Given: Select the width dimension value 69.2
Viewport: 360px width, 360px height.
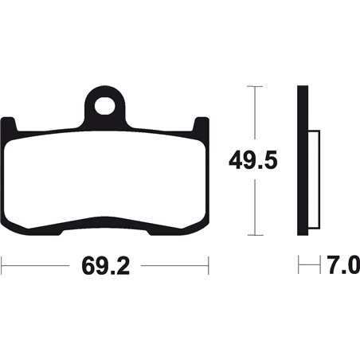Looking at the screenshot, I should (104, 262).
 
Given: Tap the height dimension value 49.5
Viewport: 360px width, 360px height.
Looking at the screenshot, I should (254, 162).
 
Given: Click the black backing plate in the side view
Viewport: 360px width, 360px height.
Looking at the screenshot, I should (302, 159).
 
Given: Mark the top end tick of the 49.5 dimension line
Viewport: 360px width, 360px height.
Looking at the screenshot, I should (254, 86).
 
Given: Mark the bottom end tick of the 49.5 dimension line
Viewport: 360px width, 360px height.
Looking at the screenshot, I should (254, 235).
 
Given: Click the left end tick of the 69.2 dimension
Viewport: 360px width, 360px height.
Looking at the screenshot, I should (2, 262).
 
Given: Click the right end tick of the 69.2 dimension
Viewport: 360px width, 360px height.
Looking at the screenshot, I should (208, 262).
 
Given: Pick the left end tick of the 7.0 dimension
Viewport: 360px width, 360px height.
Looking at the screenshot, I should (298, 262).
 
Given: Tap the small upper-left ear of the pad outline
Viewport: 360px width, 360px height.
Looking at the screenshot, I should (10, 123).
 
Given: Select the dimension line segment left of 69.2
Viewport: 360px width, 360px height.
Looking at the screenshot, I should (40, 262).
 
